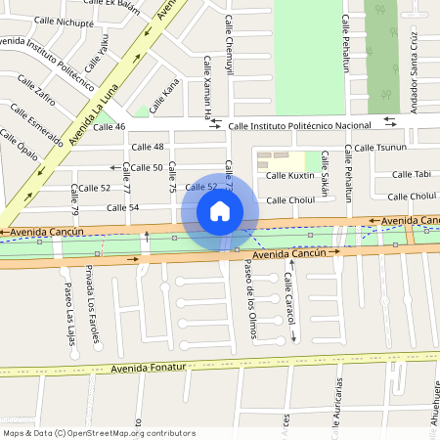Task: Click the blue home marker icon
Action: [220, 210]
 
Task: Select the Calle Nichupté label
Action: [62, 22]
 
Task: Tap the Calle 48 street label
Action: [147, 147]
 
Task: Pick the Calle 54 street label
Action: [122, 207]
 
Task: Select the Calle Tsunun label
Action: [379, 148]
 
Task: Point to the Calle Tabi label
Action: [411, 174]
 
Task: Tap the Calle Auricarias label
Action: [339, 401]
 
